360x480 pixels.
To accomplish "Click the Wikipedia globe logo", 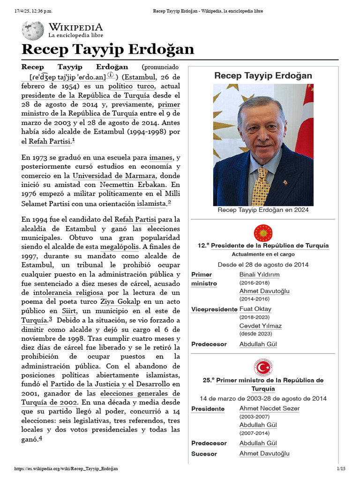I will coord(32,30).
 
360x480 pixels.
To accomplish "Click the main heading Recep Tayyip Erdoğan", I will coord(108,50).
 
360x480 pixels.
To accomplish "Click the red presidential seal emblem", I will coord(263,233).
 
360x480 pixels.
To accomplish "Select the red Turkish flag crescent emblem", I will coord(263,367).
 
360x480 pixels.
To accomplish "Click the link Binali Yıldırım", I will coord(259,275).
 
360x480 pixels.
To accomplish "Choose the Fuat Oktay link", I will coord(255,309).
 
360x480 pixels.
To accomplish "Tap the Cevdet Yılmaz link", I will coord(260,326).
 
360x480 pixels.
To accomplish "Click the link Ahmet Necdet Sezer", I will coord(269,409).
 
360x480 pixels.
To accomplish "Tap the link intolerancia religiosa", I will coord(68,292).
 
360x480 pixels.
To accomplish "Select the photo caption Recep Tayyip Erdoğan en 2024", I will coord(263,210).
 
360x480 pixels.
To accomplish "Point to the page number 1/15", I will coord(341,469).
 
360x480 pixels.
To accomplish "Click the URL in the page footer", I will coord(66,469).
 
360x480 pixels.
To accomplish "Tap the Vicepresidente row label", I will coord(214,309).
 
